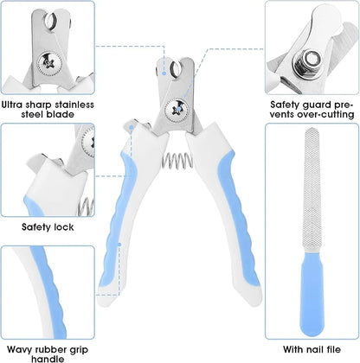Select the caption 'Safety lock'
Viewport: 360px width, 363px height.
pos(48,228)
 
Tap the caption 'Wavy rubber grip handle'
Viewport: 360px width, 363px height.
pos(48,351)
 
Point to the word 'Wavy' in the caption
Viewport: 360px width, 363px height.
pos(17,345)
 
